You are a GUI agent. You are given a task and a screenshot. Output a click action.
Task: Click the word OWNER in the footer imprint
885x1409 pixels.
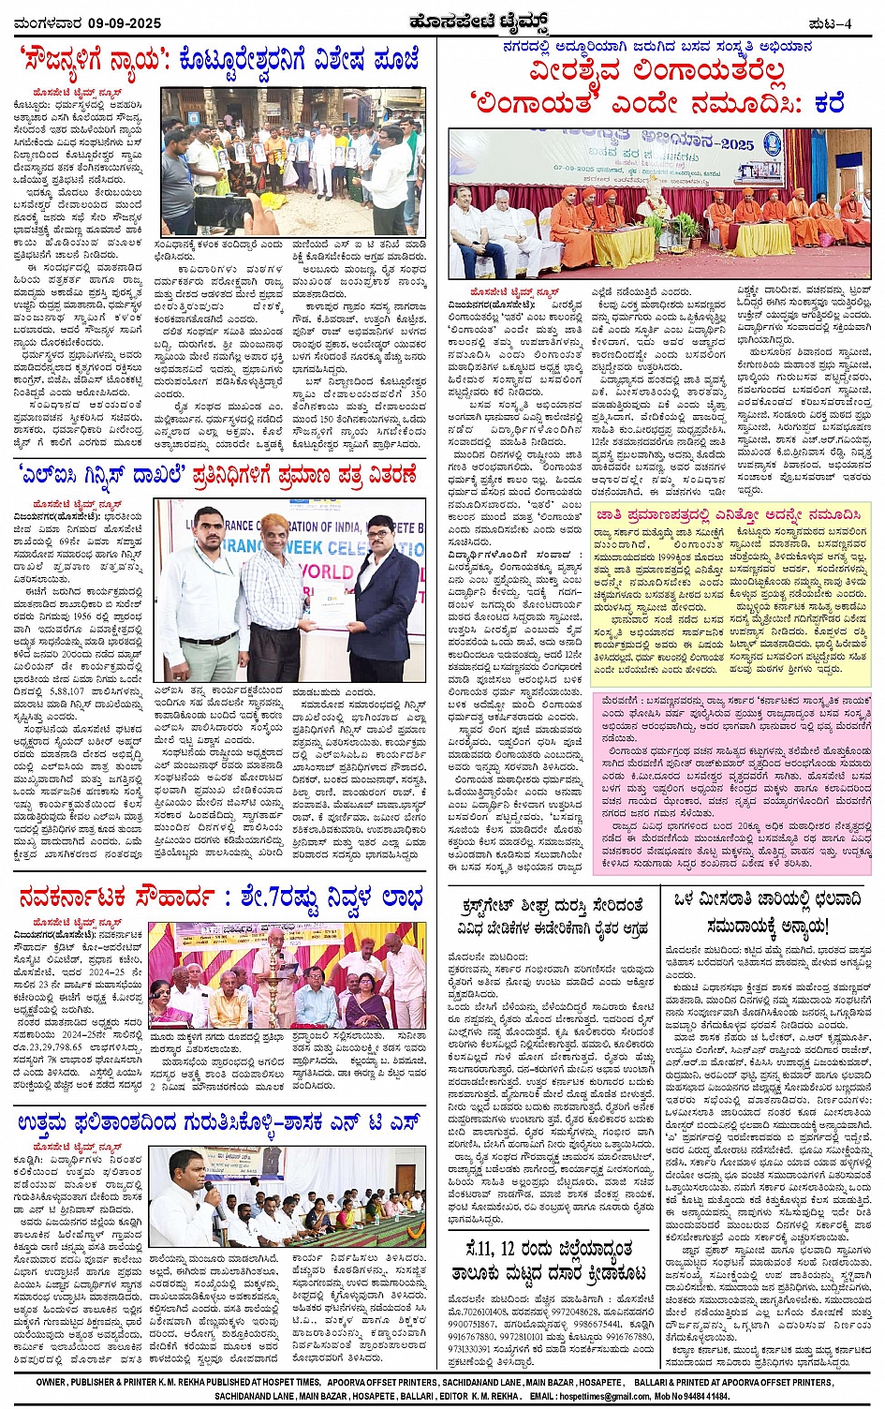51,1382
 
